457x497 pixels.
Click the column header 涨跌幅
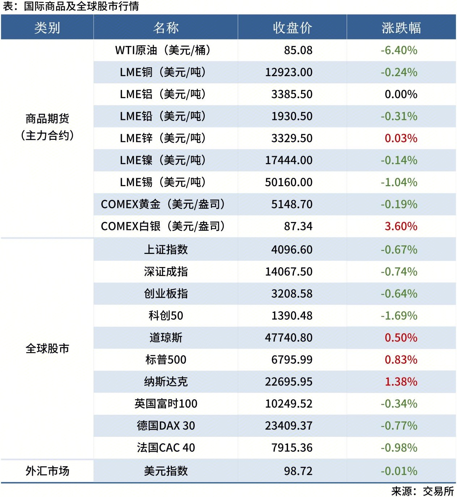[x=401, y=28]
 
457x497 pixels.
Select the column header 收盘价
[x=292, y=28]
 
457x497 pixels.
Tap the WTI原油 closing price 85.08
[x=298, y=50]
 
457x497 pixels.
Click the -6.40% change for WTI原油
[x=399, y=50]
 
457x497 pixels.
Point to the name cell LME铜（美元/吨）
[x=163, y=72]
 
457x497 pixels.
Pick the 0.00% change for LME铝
[x=401, y=94]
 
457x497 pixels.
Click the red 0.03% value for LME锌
[x=401, y=138]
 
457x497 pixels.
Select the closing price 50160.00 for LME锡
[x=288, y=182]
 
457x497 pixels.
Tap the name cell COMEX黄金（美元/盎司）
[x=163, y=204]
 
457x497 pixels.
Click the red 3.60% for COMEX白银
[x=401, y=226]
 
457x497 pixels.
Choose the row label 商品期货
[x=47, y=119]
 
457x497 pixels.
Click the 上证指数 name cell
[x=166, y=250]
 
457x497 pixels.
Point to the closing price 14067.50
[x=288, y=272]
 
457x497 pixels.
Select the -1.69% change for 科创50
[x=399, y=316]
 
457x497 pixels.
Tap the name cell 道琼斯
[x=166, y=338]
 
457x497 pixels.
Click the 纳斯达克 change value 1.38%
[x=401, y=382]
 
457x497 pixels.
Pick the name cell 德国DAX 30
[x=166, y=426]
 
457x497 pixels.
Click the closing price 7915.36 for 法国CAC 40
[x=292, y=448]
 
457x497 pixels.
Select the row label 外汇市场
[x=47, y=471]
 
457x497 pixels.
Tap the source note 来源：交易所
[x=422, y=491]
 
